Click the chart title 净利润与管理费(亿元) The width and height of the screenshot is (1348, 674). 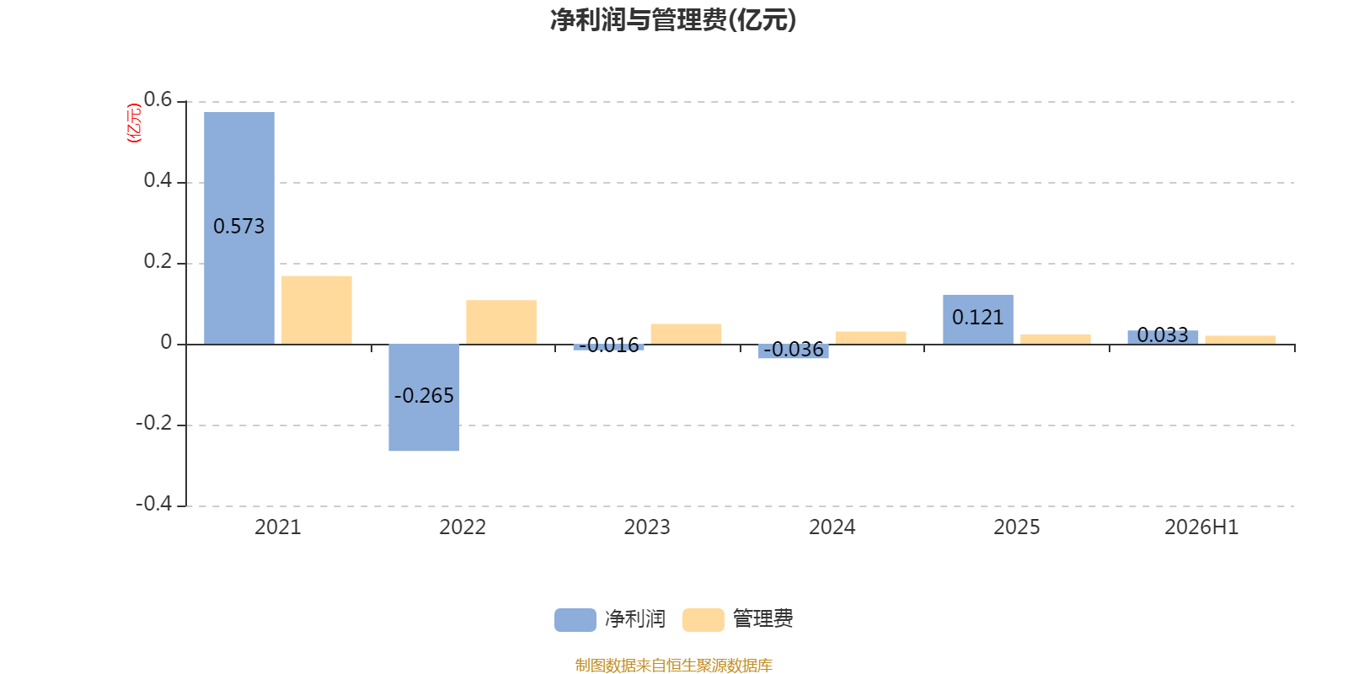[673, 20]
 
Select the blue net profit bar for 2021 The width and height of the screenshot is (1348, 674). [239, 228]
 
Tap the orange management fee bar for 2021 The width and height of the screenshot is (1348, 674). [317, 310]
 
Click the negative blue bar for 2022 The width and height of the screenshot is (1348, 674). [424, 397]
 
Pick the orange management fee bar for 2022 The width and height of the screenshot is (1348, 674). [501, 322]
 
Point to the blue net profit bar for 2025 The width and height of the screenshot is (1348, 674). [978, 319]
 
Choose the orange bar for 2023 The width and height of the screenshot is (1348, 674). [686, 334]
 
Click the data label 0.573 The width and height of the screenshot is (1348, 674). [239, 227]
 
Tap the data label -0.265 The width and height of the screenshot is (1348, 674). [424, 395]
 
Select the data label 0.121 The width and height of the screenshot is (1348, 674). [978, 317]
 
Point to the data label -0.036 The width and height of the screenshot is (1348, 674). [793, 349]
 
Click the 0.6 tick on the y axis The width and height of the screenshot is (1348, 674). [158, 99]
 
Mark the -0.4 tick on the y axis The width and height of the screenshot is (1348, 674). [154, 503]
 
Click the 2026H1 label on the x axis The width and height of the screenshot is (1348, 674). [1201, 527]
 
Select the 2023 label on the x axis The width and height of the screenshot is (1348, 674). [647, 527]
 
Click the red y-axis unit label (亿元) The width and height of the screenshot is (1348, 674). [134, 123]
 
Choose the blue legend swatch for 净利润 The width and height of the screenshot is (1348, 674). [575, 620]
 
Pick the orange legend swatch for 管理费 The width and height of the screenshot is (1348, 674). [703, 620]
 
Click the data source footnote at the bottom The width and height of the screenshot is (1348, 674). [673, 665]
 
